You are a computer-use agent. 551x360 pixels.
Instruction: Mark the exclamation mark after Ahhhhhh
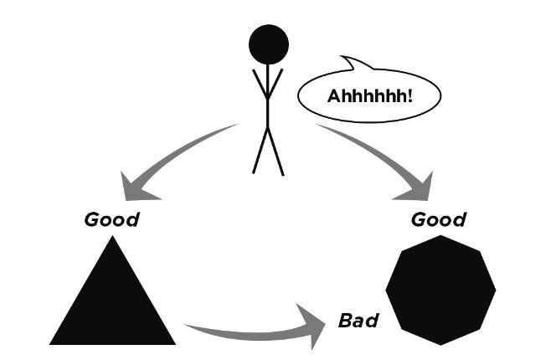click(409, 95)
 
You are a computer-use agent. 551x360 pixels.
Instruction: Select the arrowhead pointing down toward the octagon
click(420, 186)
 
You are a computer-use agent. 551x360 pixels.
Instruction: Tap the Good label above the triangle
click(112, 221)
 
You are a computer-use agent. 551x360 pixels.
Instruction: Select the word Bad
click(358, 321)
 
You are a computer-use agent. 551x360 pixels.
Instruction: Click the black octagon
click(440, 290)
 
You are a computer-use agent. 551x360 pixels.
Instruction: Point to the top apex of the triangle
click(112, 239)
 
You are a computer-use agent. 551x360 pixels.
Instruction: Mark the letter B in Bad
click(344, 321)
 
